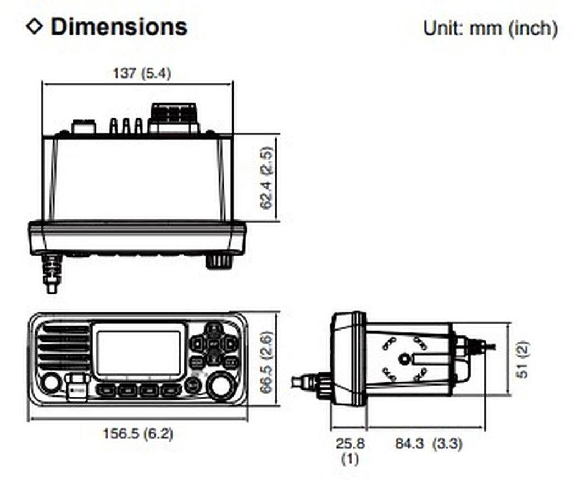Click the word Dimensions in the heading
coord(119,26)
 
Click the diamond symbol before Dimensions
coord(34,26)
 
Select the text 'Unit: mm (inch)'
coord(490,28)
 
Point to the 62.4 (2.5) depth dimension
coord(266,178)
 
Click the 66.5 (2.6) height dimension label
coord(266,360)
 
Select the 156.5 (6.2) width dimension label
coord(138,433)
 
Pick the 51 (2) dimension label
coord(524,359)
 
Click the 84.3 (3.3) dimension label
coord(429,443)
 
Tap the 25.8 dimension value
coord(349,443)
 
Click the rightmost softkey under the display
coord(171,391)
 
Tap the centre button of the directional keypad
coord(214,344)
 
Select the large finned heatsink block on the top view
coord(174,117)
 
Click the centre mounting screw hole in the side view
coord(405,359)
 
